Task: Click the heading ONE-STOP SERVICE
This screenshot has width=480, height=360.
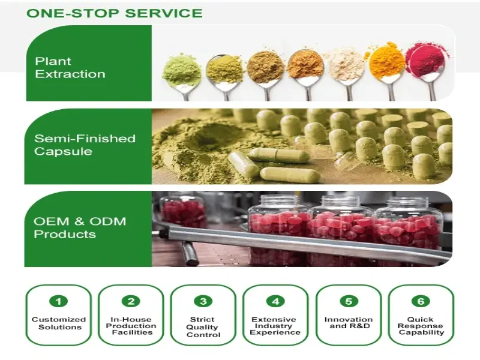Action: coord(115,13)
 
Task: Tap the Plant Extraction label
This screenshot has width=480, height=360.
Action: coord(70,68)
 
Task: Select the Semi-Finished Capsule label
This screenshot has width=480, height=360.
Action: coord(85,145)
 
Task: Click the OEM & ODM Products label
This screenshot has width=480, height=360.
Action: coord(80,228)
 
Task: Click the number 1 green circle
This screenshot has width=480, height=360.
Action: coord(58,302)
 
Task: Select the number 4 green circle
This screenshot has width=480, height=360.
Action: coord(275,302)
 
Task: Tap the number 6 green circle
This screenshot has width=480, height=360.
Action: coord(421,302)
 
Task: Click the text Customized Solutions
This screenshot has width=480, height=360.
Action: coord(59,323)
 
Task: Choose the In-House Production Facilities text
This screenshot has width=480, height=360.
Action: coord(131,326)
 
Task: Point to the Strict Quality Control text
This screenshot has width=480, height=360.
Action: coord(203,327)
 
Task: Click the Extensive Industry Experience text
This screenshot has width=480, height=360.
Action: coord(275,326)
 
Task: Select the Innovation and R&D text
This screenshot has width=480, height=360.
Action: coord(349,323)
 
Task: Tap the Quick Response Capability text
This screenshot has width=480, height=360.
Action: coord(421,326)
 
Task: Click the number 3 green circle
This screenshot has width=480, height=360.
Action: coord(203,302)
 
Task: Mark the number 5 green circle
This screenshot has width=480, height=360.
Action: coord(349,302)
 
